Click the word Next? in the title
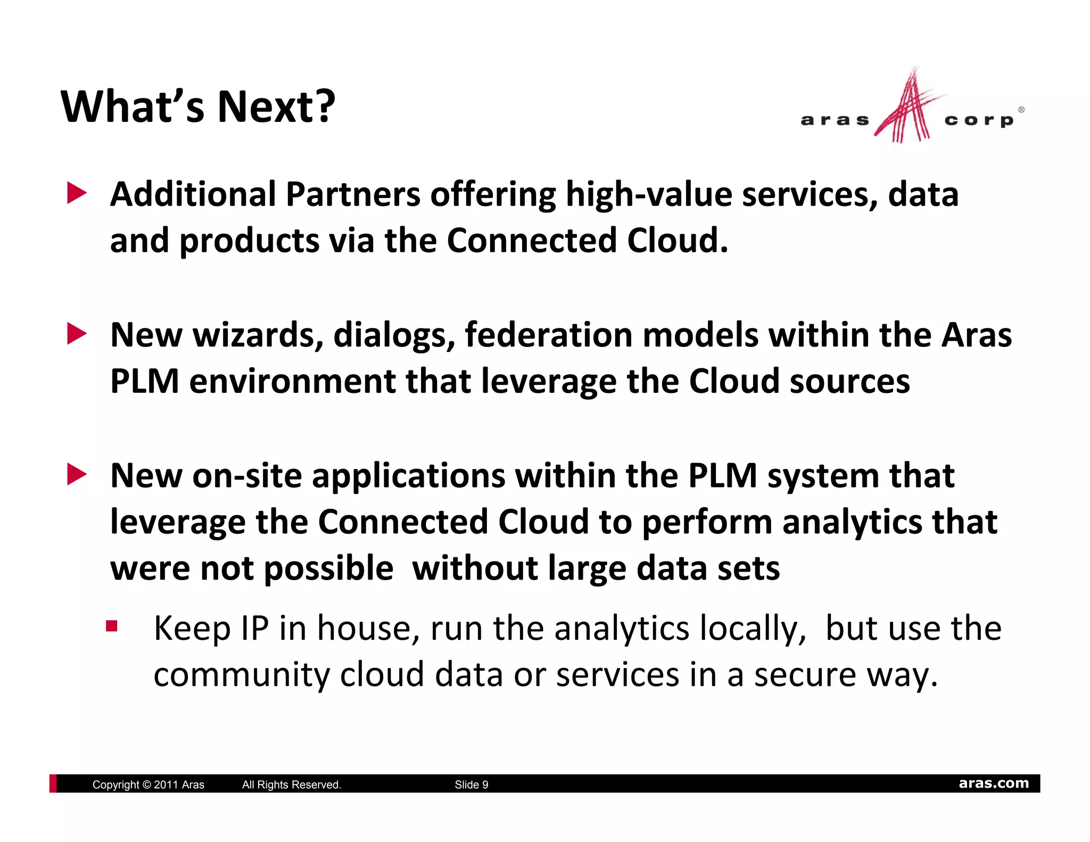tap(276, 106)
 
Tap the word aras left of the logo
tap(834, 120)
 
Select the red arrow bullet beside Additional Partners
tap(77, 194)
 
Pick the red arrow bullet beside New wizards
tap(77, 334)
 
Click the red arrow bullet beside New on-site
tap(77, 475)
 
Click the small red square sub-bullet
tap(111, 626)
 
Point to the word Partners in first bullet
tap(353, 194)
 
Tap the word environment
tap(292, 381)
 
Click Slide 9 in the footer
tap(471, 785)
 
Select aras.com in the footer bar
tap(993, 783)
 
